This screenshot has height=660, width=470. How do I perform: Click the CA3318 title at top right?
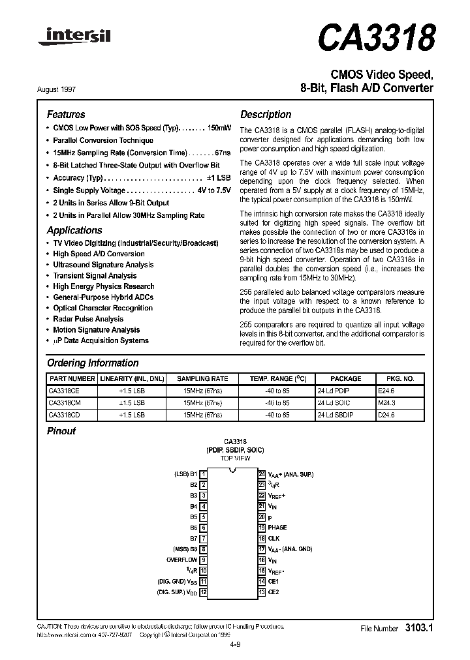pyautogui.click(x=376, y=37)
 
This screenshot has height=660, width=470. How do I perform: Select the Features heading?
pyautogui.click(x=66, y=114)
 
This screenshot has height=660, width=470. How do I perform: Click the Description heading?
pyautogui.click(x=266, y=114)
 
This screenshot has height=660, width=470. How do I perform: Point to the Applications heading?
pyautogui.click(x=74, y=230)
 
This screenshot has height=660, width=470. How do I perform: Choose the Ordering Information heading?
pyautogui.click(x=93, y=363)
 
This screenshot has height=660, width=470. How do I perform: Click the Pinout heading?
pyautogui.click(x=61, y=431)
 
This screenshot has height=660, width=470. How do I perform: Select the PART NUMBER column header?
pyautogui.click(x=72, y=378)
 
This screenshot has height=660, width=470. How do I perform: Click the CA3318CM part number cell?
pyautogui.click(x=64, y=402)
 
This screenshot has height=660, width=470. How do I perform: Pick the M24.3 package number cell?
pyautogui.click(x=387, y=402)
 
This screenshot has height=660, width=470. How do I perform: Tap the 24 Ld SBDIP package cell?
pyautogui.click(x=335, y=414)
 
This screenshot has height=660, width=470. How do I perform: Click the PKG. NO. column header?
pyautogui.click(x=400, y=378)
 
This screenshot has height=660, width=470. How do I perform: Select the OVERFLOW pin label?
pyautogui.click(x=181, y=560)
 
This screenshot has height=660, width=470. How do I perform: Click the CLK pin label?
pyautogui.click(x=274, y=539)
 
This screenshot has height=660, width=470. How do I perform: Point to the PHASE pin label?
pyautogui.click(x=277, y=528)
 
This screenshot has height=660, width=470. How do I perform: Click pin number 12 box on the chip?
pyautogui.click(x=204, y=592)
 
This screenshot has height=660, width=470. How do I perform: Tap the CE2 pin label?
pyautogui.click(x=274, y=592)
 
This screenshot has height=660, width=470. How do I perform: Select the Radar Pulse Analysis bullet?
pyautogui.click(x=88, y=319)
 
